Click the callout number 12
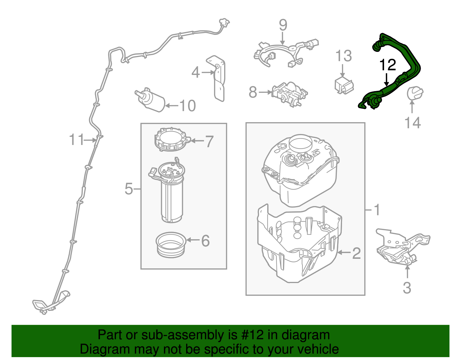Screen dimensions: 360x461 (388, 65)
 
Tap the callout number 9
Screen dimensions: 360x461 (283, 25)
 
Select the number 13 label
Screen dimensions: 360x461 (343, 56)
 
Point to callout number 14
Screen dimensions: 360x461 (413, 123)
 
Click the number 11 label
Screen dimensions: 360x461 (76, 140)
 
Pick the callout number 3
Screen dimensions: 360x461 (407, 288)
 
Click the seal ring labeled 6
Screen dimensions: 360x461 (171, 244)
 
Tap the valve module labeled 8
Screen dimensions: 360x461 (289, 93)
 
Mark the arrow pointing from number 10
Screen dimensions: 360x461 (172, 106)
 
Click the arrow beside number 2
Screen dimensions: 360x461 (344, 253)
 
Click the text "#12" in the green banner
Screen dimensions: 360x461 (250, 335)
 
